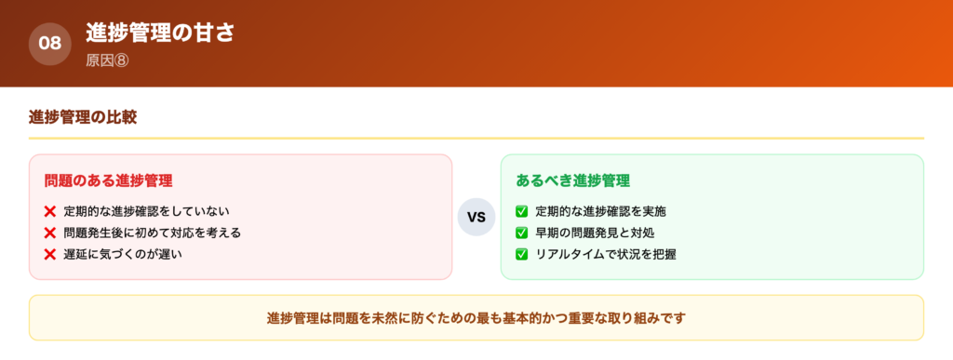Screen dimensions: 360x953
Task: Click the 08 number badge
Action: click(x=49, y=44)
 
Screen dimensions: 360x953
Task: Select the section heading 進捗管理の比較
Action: click(x=84, y=117)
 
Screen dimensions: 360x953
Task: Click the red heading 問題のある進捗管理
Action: click(x=108, y=180)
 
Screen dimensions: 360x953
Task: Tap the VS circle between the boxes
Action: click(x=476, y=218)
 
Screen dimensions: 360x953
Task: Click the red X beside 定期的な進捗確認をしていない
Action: click(x=50, y=212)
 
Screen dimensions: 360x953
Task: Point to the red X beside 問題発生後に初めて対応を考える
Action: click(x=50, y=233)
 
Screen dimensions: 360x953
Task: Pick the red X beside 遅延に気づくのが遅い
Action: click(x=50, y=254)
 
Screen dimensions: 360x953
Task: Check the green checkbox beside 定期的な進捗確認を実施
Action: click(x=521, y=212)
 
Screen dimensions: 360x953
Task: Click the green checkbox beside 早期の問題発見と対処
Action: click(x=521, y=233)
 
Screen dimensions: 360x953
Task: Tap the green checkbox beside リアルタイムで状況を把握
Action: click(x=521, y=254)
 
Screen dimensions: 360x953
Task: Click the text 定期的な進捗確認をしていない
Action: click(x=146, y=212)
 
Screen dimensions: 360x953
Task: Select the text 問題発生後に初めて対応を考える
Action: click(x=153, y=233)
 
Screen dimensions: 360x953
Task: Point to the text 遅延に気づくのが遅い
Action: click(x=123, y=254)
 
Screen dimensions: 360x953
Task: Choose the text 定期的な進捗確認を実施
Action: click(x=601, y=212)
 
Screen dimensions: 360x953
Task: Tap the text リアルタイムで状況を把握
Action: click(x=605, y=254)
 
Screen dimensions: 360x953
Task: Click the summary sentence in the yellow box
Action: click(x=476, y=318)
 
